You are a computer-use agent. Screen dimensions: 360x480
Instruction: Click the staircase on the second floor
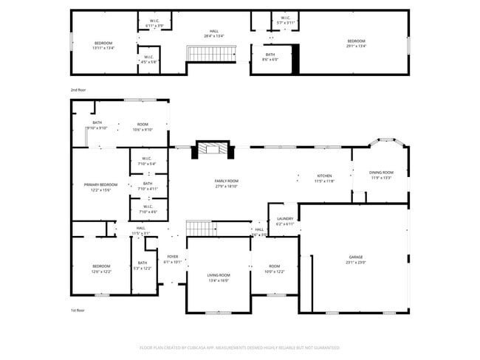pyautogui.click(x=210, y=53)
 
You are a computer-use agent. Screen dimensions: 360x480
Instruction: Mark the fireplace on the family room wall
pyautogui.click(x=213, y=149)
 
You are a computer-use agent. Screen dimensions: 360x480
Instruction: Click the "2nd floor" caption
pyautogui.click(x=78, y=89)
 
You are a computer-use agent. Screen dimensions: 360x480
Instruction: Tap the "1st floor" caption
pyautogui.click(x=78, y=310)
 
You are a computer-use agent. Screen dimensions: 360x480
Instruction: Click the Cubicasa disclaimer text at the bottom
pyautogui.click(x=240, y=347)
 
